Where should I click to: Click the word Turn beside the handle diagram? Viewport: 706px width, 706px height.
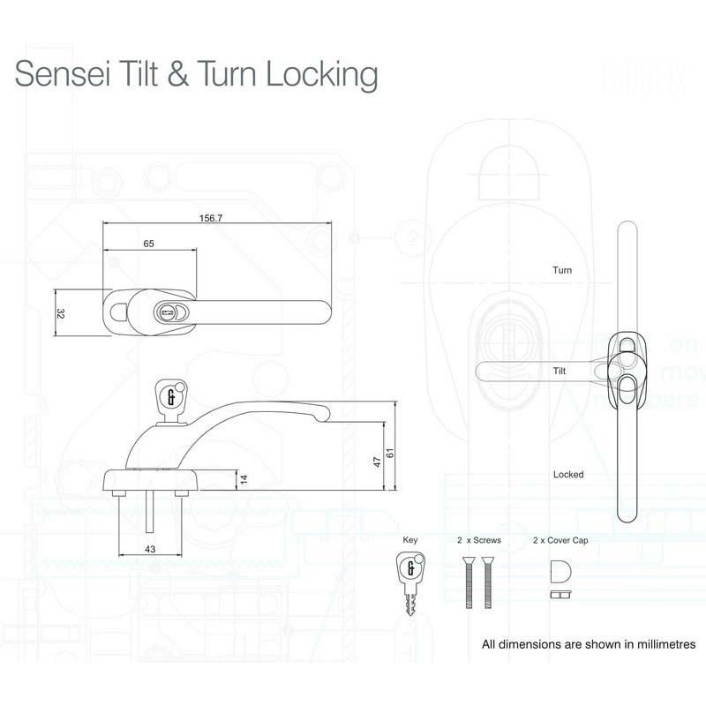pos(562,269)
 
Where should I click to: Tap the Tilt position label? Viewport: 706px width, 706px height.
pos(560,372)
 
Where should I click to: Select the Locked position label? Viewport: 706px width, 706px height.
pos(568,474)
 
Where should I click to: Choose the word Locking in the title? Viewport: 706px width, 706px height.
pos(321,75)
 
